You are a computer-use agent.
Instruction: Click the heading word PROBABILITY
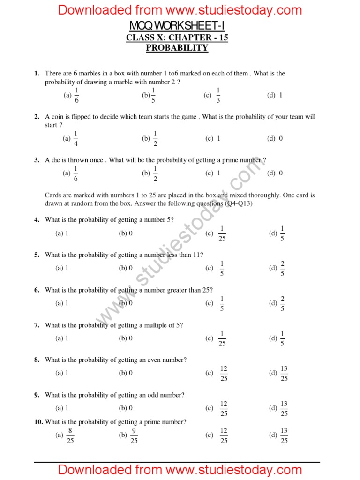[x=177, y=48]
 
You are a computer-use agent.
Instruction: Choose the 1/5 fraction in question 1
[x=153, y=95]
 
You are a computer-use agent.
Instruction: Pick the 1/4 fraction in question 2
[x=76, y=139]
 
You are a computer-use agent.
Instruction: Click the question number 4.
[x=37, y=220]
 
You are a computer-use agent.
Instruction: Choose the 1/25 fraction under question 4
[x=222, y=233]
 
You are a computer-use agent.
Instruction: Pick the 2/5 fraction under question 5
[x=282, y=268]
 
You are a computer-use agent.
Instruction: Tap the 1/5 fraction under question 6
[x=222, y=303]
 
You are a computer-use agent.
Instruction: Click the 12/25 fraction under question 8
[x=224, y=374]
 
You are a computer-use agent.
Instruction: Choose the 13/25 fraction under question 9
[x=284, y=408]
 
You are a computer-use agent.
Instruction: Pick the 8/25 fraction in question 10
[x=70, y=435]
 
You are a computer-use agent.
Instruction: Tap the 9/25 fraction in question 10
[x=134, y=435]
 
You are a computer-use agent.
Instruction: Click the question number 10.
[x=38, y=422]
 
